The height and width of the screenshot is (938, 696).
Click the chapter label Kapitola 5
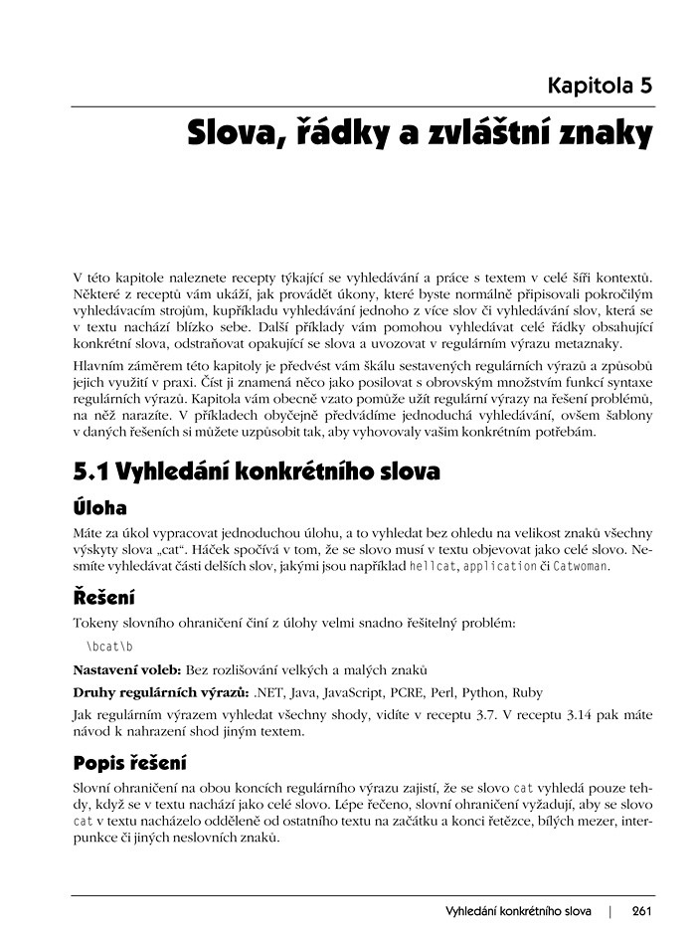[600, 85]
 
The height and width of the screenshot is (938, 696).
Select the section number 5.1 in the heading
[93, 470]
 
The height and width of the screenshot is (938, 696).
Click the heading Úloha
[100, 507]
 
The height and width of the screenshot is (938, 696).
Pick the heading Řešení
[104, 598]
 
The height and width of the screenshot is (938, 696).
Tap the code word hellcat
[430, 566]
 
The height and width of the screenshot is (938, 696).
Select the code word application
[500, 566]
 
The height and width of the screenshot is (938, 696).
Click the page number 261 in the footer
[640, 911]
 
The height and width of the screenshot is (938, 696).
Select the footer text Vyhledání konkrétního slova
[518, 911]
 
